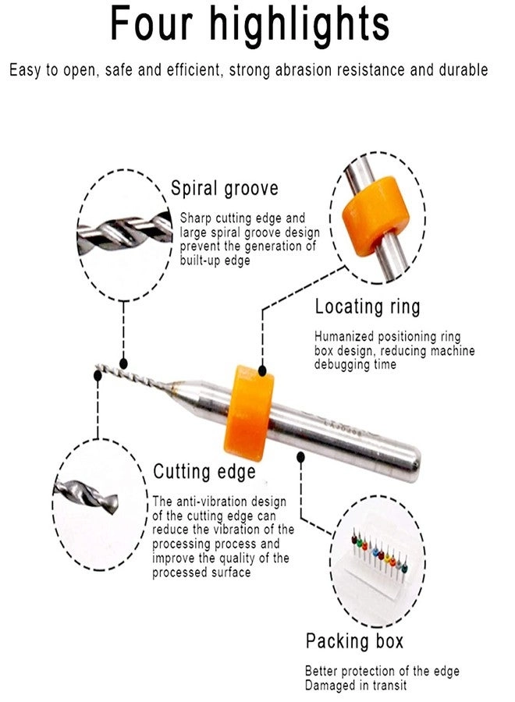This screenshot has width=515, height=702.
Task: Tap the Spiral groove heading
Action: click(225, 189)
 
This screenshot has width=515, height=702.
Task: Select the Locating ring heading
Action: click(367, 307)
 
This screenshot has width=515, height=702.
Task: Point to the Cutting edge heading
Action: click(204, 472)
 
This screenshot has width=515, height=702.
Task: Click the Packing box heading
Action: click(355, 642)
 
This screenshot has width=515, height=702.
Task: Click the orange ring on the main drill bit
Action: click(250, 411)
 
